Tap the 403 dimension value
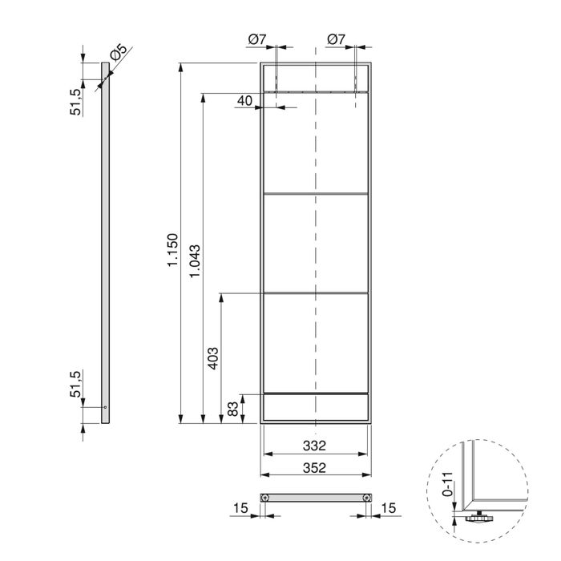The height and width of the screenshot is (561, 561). coord(213,357)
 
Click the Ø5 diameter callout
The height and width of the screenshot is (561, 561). coord(118,54)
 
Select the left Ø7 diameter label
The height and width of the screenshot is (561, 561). coord(257,38)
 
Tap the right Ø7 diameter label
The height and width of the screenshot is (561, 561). coord(336,38)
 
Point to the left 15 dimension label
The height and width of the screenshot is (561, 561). coord(240,508)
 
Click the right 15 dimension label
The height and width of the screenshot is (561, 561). coord(390,508)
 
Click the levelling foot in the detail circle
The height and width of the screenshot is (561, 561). coord(478,519)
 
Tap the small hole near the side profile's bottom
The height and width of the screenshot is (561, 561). coord(104,407)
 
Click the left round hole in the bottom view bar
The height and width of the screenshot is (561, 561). coord(265,498)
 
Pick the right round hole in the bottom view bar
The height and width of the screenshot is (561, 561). coord(366,498)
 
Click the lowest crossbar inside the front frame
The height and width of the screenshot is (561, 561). coord(316,394)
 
